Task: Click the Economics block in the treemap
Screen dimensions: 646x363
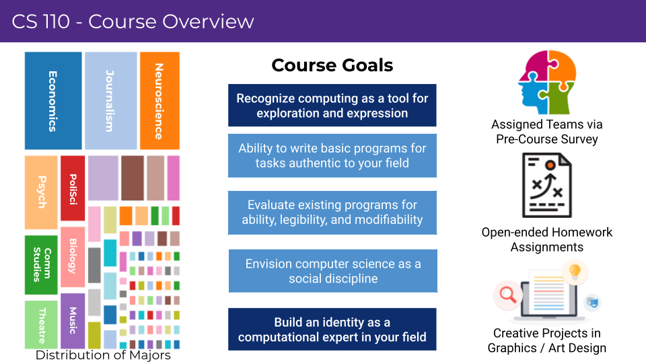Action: (x=53, y=101)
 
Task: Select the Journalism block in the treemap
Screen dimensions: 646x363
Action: (x=111, y=101)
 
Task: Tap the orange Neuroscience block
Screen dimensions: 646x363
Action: (x=160, y=101)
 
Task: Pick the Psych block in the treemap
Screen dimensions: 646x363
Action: (x=41, y=192)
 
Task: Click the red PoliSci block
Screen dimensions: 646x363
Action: (x=73, y=188)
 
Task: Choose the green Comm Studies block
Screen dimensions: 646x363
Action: (x=41, y=265)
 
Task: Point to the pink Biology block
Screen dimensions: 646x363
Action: (x=73, y=257)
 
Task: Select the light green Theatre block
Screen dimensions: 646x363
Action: (x=41, y=325)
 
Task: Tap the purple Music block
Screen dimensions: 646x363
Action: (x=73, y=321)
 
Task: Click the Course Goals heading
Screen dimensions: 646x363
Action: (x=332, y=65)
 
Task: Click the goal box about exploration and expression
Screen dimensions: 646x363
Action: (x=332, y=106)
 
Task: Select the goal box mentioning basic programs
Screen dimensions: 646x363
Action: (x=332, y=155)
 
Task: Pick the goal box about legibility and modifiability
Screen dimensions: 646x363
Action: (x=332, y=212)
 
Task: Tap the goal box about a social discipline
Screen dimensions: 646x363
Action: (x=333, y=271)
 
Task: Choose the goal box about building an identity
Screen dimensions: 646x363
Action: (x=332, y=329)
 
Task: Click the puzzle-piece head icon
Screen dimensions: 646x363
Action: (x=548, y=82)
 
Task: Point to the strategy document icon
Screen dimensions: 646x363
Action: (x=547, y=186)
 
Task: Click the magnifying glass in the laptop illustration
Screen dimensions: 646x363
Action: (x=507, y=294)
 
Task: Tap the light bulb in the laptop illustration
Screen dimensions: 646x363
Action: (x=575, y=272)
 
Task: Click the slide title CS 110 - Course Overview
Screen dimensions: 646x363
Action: (x=133, y=22)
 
